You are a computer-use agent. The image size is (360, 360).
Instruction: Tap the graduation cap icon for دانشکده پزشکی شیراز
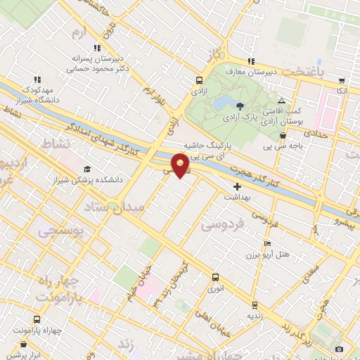(x=87, y=169)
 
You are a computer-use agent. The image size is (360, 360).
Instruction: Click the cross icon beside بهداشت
(x=237, y=186)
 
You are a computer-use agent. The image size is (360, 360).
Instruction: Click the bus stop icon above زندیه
(x=255, y=305)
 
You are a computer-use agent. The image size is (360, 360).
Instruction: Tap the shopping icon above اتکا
(x=341, y=81)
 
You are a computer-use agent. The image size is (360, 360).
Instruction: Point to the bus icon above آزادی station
(x=199, y=80)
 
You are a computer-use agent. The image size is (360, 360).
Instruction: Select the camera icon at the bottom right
(x=339, y=349)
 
